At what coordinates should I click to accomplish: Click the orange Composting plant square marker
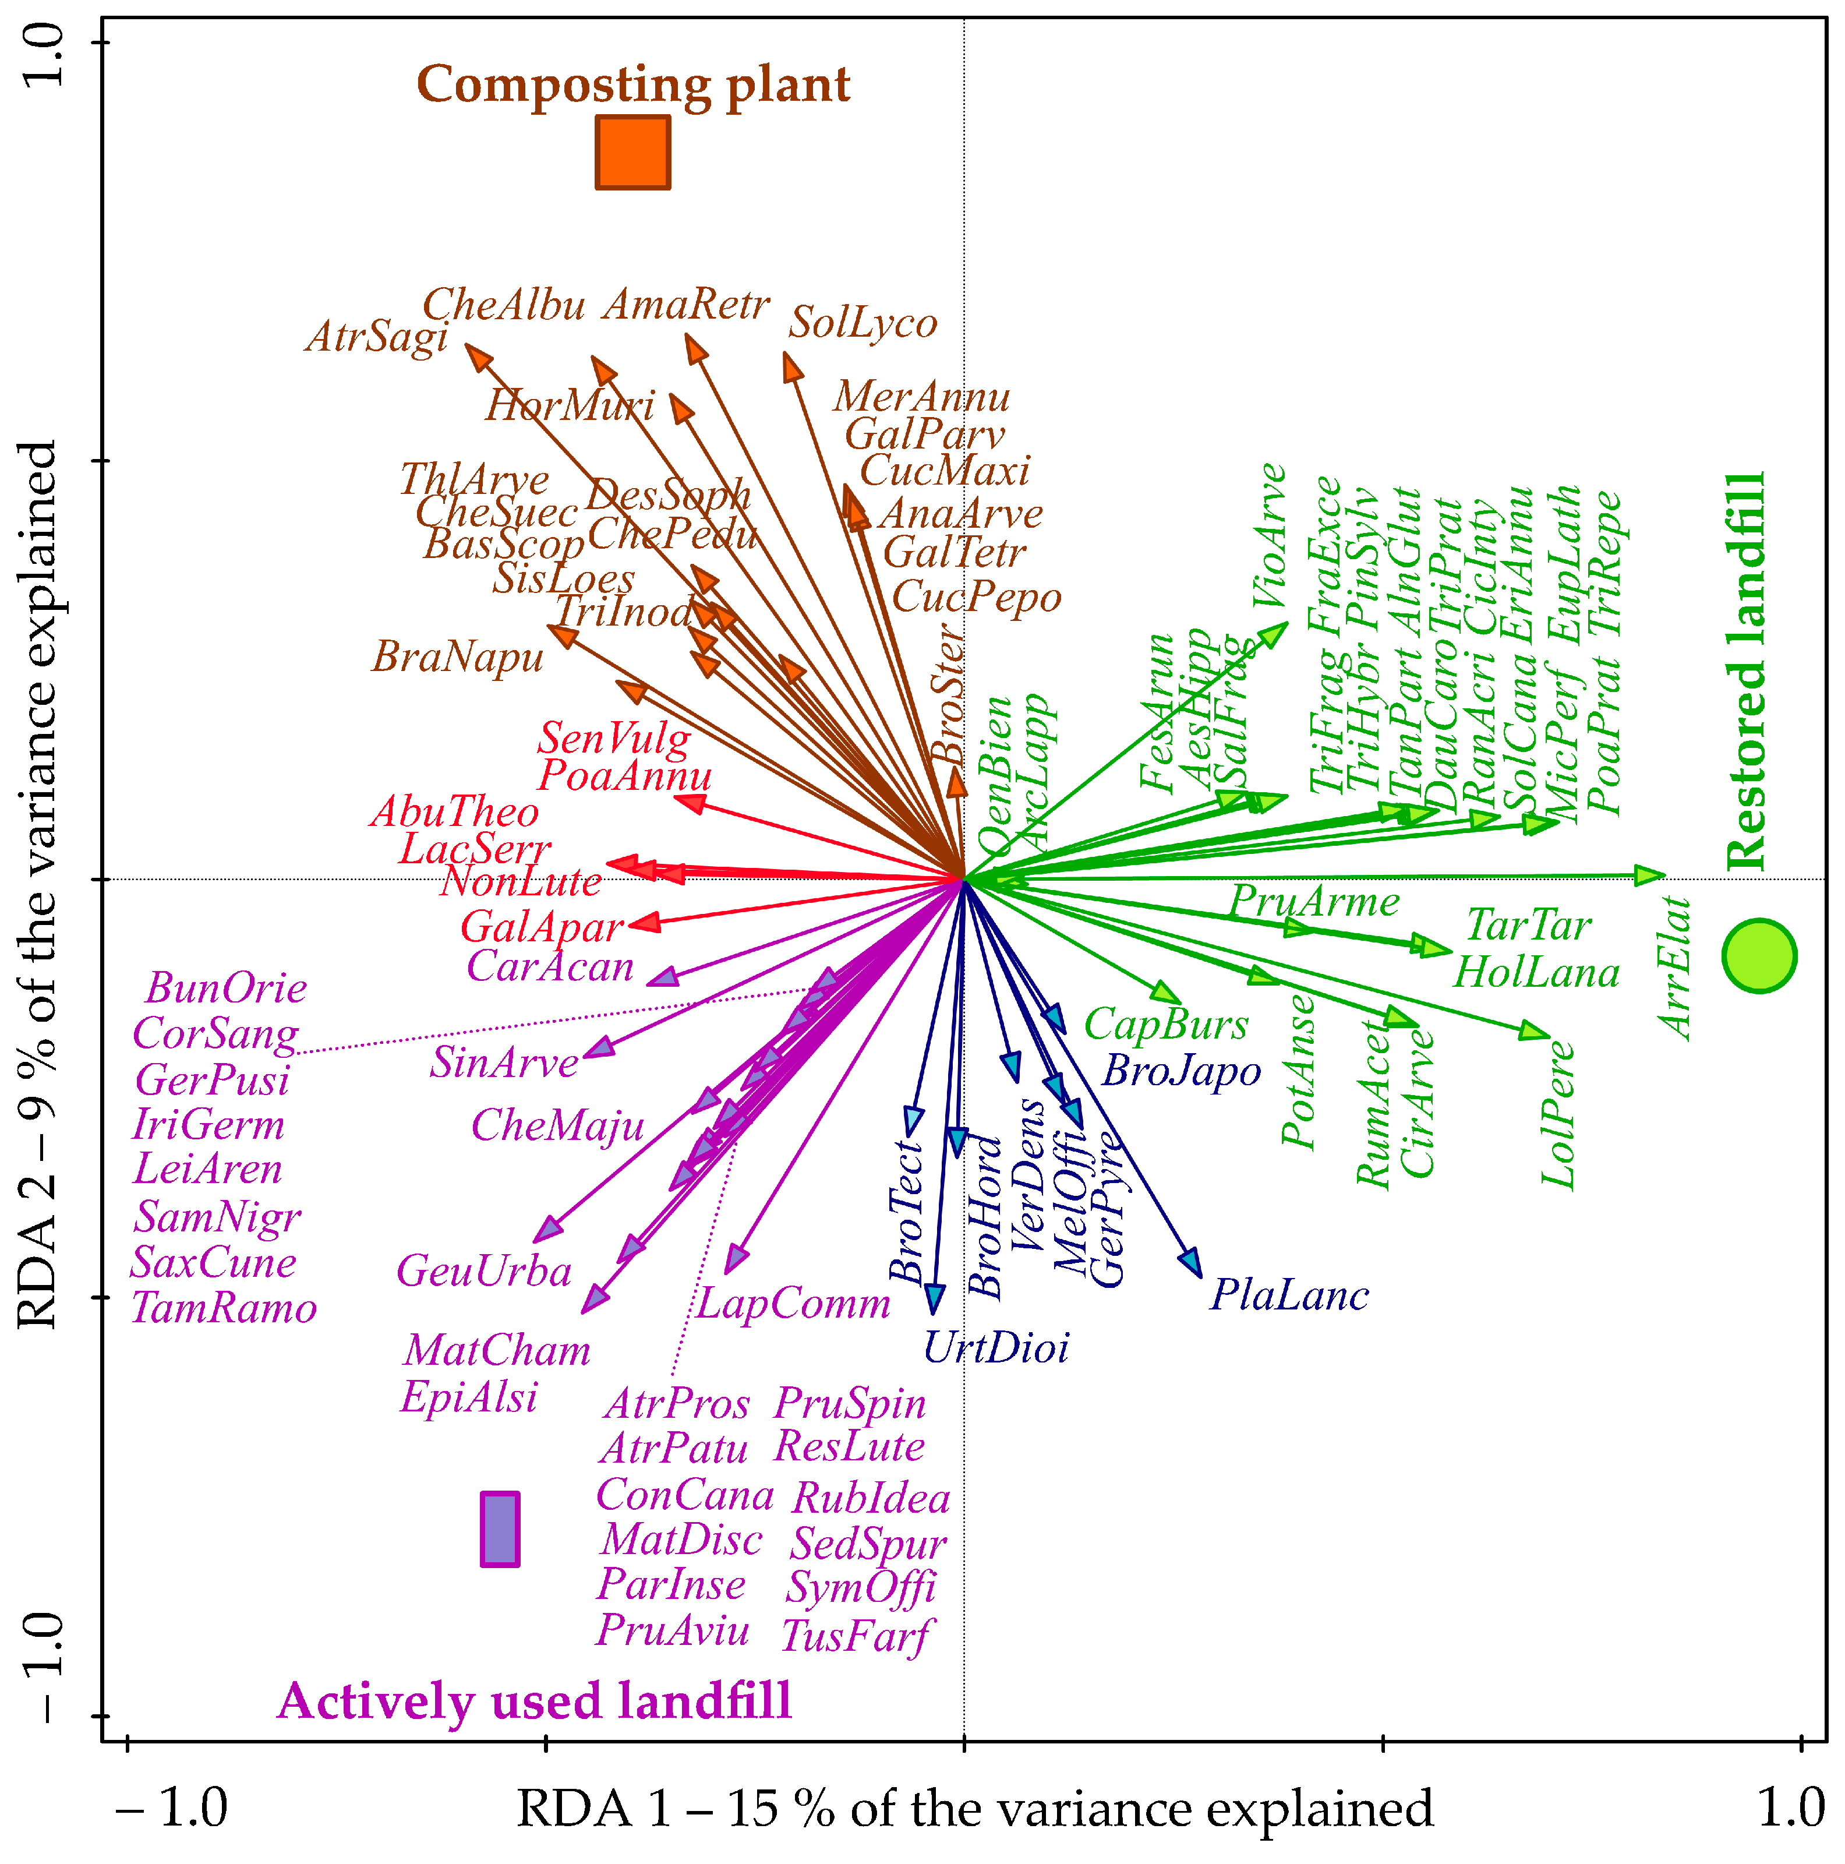(632, 153)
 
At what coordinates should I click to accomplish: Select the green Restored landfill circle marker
(1759, 956)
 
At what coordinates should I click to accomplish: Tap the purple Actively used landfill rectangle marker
(500, 1528)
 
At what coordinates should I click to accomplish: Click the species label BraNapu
(458, 658)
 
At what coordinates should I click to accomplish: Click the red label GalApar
(541, 928)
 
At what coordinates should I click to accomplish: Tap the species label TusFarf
(856, 1635)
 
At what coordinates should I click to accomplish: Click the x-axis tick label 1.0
(1791, 1807)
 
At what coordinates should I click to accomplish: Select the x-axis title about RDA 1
(974, 1807)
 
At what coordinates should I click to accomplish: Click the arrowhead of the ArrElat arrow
(1651, 875)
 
